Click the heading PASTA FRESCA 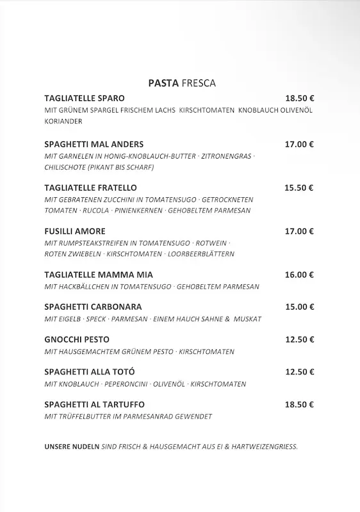[182, 83]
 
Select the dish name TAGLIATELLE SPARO [85, 99]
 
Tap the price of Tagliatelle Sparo [299, 99]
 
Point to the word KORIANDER [63, 122]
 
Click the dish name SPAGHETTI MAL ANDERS [94, 144]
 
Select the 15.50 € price [299, 188]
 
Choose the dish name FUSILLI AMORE [75, 231]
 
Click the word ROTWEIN [210, 243]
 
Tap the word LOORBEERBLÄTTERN [202, 254]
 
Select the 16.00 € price [299, 275]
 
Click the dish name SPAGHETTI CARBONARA [93, 307]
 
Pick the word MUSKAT [248, 319]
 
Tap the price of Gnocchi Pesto [299, 340]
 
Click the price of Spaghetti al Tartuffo [299, 405]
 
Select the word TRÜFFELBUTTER [86, 417]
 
